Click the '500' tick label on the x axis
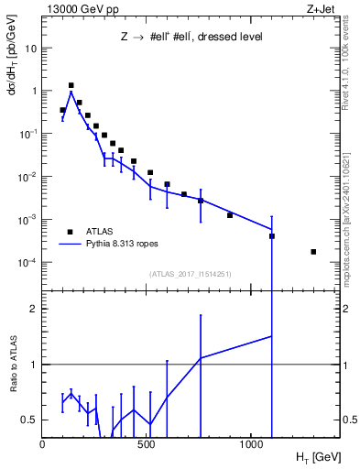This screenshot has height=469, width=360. pos(147,444)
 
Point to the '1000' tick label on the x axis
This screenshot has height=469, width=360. pos(252,444)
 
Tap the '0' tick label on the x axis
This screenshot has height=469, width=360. pos(42,444)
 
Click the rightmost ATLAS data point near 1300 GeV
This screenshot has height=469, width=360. pos(314,252)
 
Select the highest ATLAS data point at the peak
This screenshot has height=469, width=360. pos(71,85)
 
